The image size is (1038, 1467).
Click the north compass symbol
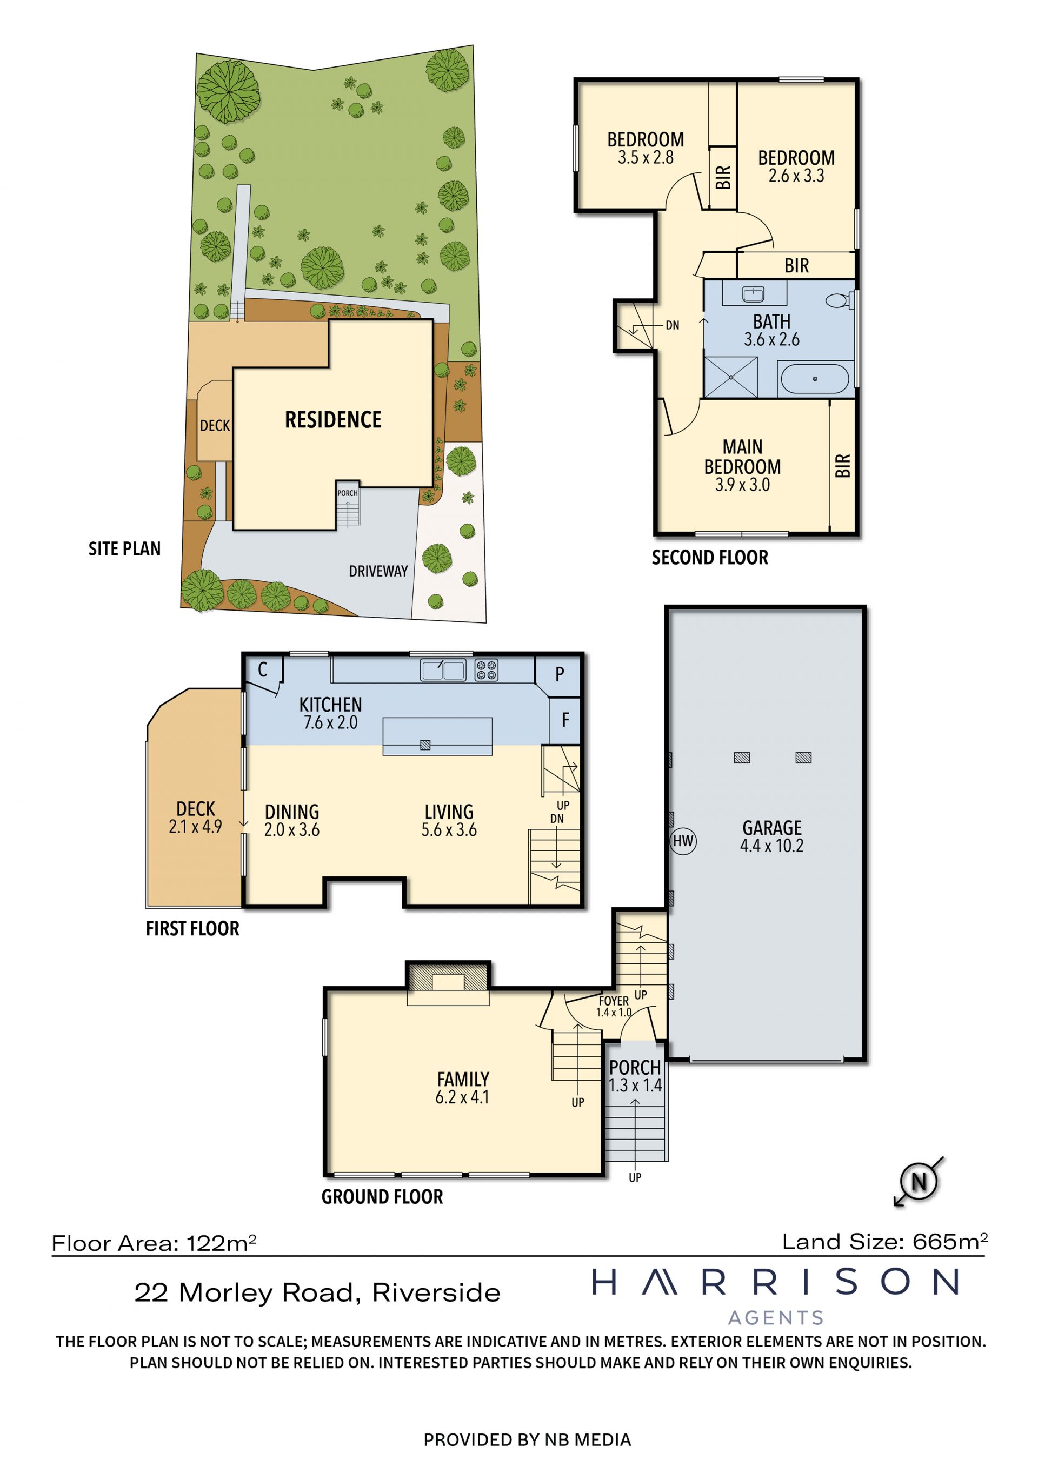pos(919,1181)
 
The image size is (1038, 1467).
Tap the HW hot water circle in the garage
pos(683,841)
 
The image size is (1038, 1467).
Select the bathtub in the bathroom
pos(814,378)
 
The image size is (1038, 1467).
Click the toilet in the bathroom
pos(839,300)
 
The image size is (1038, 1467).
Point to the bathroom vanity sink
pos(754,294)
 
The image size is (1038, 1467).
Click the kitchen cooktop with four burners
pos(487,670)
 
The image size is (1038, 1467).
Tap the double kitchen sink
pos(443,670)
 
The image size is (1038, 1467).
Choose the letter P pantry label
pos(560,674)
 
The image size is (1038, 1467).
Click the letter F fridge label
pos(565,720)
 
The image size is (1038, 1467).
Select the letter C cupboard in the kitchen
pos(262,669)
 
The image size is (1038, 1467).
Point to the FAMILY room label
pos(463,1079)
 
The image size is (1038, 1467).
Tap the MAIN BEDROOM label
pos(743,456)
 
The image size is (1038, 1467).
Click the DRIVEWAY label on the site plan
pos(378,571)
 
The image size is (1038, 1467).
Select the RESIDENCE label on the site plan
pos(333,419)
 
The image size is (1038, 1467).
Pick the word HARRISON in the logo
pos(775,1282)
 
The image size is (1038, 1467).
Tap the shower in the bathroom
pos(730,377)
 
